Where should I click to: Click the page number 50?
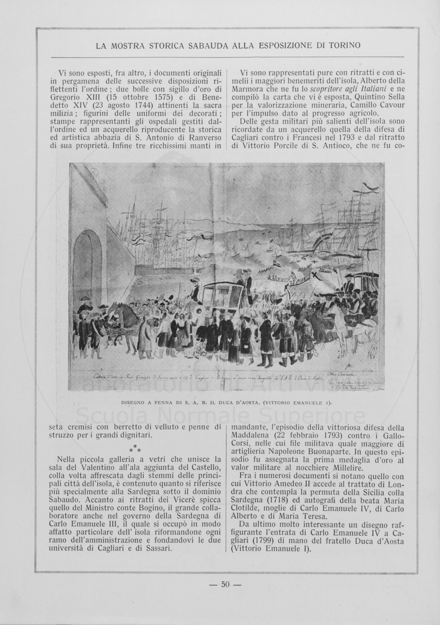coord(225,584)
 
